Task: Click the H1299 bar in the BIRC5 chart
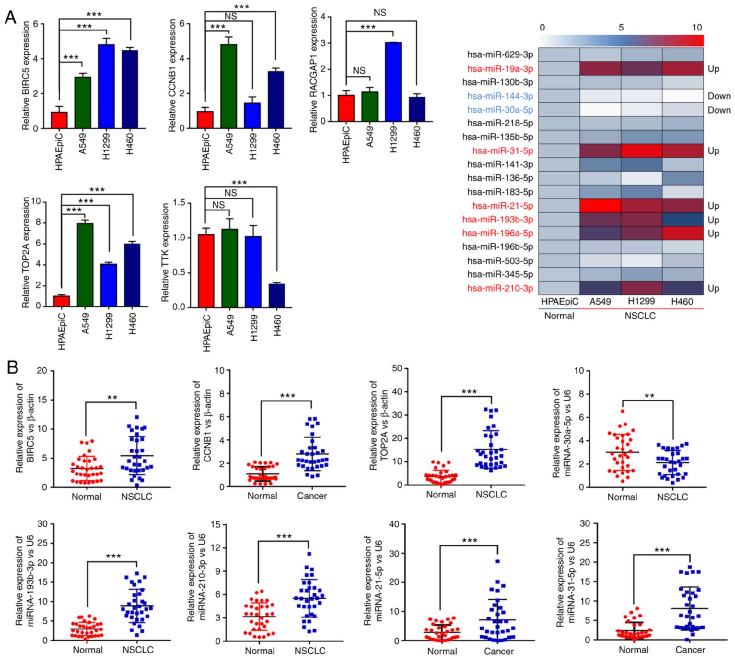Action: pyautogui.click(x=106, y=87)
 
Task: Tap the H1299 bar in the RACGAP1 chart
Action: pyautogui.click(x=393, y=82)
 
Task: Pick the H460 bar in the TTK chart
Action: pyautogui.click(x=277, y=295)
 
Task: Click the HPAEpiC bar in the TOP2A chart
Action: pyautogui.click(x=62, y=301)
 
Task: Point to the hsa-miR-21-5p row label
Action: pyautogui.click(x=503, y=206)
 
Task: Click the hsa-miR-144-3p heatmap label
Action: pyautogui.click(x=500, y=96)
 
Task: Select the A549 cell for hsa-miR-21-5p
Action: pyautogui.click(x=600, y=206)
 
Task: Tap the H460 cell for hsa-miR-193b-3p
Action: pyautogui.click(x=682, y=220)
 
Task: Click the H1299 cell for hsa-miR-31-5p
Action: pyautogui.click(x=641, y=150)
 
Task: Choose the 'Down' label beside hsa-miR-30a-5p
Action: pyautogui.click(x=719, y=110)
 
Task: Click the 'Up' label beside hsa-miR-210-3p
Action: pyautogui.click(x=713, y=288)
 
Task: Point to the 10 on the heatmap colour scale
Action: pyautogui.click(x=697, y=28)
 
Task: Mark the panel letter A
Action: pyautogui.click(x=10, y=17)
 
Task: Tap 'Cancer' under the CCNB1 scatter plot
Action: pyautogui.click(x=311, y=496)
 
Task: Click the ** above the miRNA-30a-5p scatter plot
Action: pyautogui.click(x=649, y=396)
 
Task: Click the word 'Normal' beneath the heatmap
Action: pyautogui.click(x=559, y=316)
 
